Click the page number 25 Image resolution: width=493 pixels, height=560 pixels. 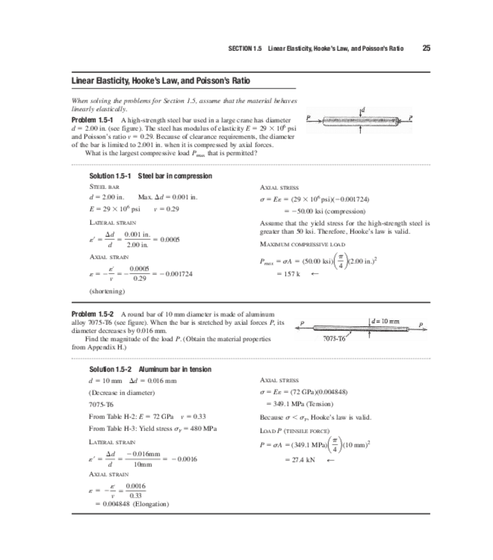click(x=426, y=48)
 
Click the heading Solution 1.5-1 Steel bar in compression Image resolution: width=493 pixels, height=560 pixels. click(x=150, y=176)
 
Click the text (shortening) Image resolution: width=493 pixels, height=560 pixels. click(x=106, y=291)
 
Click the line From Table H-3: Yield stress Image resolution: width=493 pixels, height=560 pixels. click(x=153, y=429)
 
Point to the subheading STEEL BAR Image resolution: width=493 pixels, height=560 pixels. click(x=103, y=188)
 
